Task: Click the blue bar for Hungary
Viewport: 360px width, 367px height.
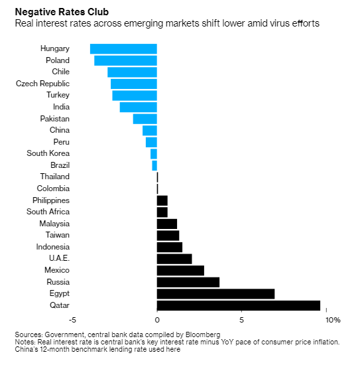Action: click(x=123, y=49)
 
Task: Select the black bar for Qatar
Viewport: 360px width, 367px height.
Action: click(x=239, y=306)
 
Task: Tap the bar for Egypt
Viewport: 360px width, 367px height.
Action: click(x=215, y=294)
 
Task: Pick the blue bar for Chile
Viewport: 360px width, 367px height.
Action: click(x=132, y=72)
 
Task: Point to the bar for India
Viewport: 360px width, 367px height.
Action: click(x=139, y=108)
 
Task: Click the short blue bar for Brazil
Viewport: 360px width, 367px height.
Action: click(x=154, y=165)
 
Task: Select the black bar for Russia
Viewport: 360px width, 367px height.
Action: click(x=188, y=282)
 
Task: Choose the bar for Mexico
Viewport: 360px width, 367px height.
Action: click(x=180, y=271)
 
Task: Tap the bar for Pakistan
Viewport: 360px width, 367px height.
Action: click(x=145, y=119)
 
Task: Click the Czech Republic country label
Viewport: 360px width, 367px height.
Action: click(x=43, y=84)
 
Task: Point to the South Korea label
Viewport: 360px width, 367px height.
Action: click(x=48, y=153)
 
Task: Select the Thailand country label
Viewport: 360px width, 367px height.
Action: click(x=55, y=177)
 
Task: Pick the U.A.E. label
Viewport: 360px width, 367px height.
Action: click(x=60, y=258)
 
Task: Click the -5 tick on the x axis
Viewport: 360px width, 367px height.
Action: click(x=73, y=320)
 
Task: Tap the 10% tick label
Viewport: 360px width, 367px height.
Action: click(x=333, y=320)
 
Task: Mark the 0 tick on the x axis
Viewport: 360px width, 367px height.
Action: click(x=157, y=320)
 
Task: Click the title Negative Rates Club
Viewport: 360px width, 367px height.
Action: click(x=62, y=12)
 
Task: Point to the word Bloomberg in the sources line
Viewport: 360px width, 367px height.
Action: click(x=203, y=334)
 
